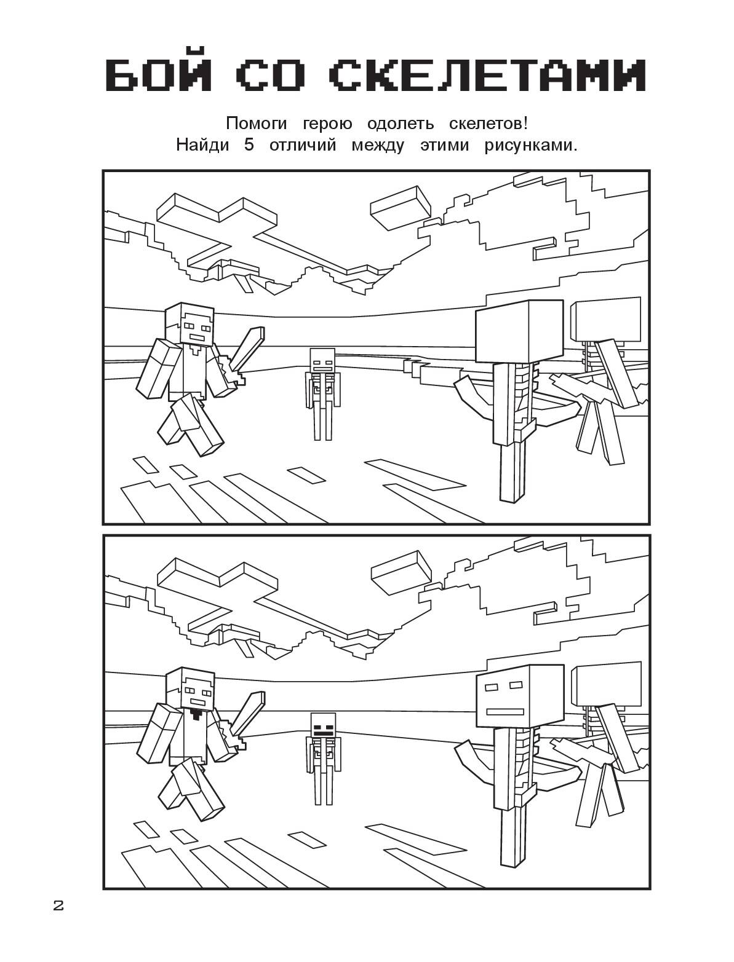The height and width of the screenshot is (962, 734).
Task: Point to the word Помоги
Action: pyautogui.click(x=257, y=124)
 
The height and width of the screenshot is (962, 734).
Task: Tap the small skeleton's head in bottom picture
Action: pyautogui.click(x=322, y=725)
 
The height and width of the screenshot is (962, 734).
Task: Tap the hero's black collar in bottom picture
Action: pyautogui.click(x=196, y=715)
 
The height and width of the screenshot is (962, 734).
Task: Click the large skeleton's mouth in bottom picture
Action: pyautogui.click(x=505, y=711)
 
